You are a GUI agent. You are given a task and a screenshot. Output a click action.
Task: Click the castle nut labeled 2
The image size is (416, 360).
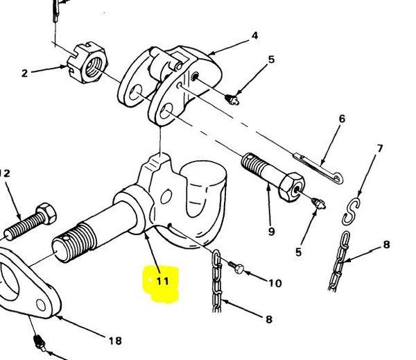[87, 62]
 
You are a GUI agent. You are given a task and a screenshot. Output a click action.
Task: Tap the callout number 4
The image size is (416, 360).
[254, 35]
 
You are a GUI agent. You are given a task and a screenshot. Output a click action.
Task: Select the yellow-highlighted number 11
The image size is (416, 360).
[162, 281]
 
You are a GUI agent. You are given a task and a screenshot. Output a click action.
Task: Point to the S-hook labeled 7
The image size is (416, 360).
[351, 212]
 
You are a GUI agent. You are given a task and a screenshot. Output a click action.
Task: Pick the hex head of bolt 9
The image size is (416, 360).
[291, 187]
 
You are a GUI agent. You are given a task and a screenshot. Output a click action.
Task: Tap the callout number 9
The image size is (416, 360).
[271, 232]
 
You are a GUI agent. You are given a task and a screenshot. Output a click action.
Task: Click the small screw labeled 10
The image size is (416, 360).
[236, 267]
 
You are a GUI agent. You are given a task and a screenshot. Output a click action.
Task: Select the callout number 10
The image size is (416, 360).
[275, 283]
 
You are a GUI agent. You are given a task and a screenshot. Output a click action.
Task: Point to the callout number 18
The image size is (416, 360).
[115, 341]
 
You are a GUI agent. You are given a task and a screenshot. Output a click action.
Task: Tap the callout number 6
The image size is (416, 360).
[343, 119]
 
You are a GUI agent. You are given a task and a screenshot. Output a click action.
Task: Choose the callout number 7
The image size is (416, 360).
[380, 148]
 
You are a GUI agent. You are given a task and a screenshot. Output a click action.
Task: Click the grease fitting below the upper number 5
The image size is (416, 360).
[232, 100]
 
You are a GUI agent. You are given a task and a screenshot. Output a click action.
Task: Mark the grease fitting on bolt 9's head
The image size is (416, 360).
[319, 204]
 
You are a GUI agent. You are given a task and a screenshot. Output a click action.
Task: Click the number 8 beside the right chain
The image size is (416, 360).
[387, 245]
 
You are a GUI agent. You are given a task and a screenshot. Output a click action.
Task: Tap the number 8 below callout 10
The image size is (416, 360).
[269, 319]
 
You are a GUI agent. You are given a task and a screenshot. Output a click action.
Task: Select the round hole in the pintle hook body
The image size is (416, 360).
[166, 197]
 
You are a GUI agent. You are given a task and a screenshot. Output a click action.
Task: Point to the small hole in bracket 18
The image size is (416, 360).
[41, 305]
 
